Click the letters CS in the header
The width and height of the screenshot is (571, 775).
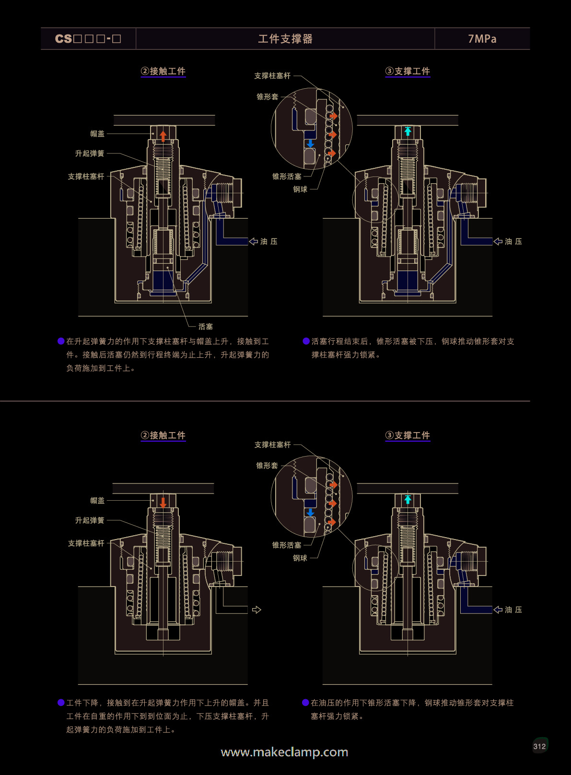63,39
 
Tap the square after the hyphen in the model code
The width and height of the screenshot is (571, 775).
117,39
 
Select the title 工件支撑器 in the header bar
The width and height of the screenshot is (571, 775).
285,39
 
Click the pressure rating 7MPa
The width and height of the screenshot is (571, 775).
482,39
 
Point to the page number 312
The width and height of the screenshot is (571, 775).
539,746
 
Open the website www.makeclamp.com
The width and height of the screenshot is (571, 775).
284,752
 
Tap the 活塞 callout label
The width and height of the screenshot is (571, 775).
206,327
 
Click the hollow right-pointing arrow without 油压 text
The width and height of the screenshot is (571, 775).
256,610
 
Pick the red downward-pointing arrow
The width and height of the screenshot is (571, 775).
163,502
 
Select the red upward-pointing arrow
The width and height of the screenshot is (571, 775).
163,136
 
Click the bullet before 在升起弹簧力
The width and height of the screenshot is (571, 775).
61,341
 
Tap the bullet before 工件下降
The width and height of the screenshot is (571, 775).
61,703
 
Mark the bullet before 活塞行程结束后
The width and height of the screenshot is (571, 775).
306,341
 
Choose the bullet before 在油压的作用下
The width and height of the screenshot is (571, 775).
305,703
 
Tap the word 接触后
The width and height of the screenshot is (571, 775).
94,355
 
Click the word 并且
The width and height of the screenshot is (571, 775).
261,703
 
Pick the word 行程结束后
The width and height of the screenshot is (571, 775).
348,341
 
